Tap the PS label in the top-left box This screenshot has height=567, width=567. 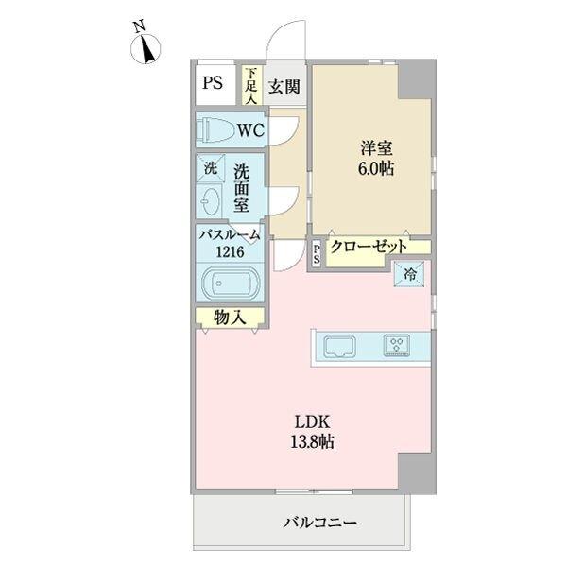pyautogui.click(x=213, y=82)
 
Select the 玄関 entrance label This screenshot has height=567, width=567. pyautogui.click(x=283, y=87)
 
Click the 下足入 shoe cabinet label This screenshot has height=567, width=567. pyautogui.click(x=251, y=86)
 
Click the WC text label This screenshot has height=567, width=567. pyautogui.click(x=251, y=129)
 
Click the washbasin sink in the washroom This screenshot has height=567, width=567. pyautogui.click(x=211, y=199)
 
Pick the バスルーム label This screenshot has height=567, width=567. pyautogui.click(x=228, y=235)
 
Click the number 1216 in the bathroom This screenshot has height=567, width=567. pyautogui.click(x=228, y=251)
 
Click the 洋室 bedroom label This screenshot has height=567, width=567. pyautogui.click(x=375, y=148)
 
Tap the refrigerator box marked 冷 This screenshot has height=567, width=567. pyautogui.click(x=411, y=275)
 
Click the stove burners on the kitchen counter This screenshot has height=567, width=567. pyautogui.click(x=396, y=346)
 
